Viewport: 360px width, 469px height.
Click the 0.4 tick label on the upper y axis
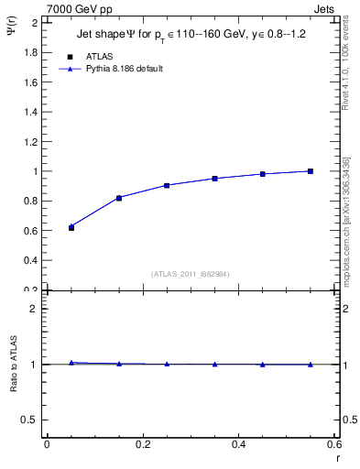click(x=29, y=260)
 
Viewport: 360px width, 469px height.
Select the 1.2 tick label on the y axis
click(x=29, y=141)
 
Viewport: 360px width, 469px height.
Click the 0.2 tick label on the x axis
click(x=142, y=444)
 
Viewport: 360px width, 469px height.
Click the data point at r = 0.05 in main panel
click(x=71, y=227)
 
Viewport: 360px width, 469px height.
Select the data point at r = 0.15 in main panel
click(x=119, y=198)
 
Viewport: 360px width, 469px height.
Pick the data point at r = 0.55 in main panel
click(x=311, y=171)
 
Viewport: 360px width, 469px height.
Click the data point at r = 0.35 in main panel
click(x=214, y=179)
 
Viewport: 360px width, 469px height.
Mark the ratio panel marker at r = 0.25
click(x=167, y=364)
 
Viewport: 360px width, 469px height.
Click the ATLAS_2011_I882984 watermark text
click(x=184, y=274)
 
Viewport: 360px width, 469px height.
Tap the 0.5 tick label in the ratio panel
click(x=29, y=420)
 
